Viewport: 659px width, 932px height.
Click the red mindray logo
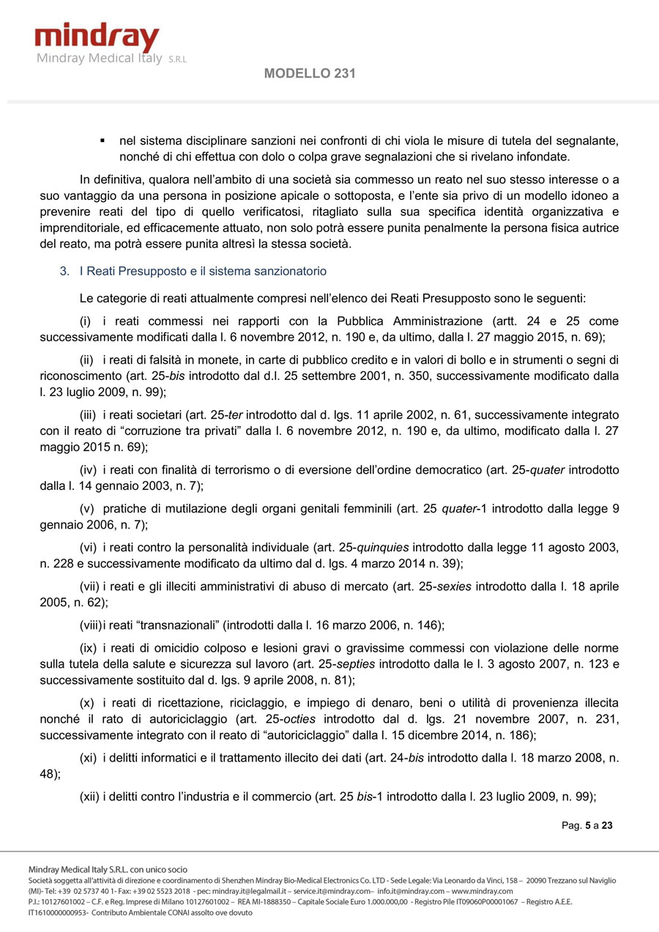[97, 37]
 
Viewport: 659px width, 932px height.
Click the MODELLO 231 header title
[310, 73]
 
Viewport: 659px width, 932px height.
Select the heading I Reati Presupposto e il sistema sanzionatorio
[203, 271]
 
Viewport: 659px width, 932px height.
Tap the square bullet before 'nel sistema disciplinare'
[103, 140]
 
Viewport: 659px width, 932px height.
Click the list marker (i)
[87, 321]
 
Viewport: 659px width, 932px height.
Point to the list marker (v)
[87, 508]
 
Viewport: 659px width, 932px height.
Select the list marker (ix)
[88, 648]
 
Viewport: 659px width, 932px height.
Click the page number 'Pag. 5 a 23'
[587, 825]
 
